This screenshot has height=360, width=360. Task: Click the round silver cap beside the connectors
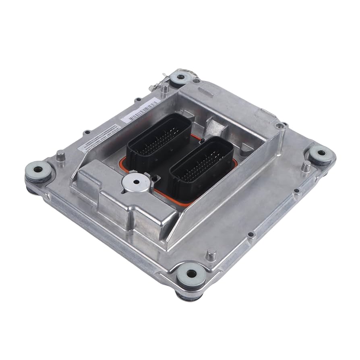pos(135,184)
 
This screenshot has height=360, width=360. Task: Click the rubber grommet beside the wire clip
pos(180,77)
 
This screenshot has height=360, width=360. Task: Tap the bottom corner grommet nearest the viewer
pos(192,274)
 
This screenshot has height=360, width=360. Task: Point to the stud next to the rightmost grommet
pos(306,166)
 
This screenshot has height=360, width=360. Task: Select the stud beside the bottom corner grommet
pos(211,254)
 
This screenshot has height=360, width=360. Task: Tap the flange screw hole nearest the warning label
pos(87,132)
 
